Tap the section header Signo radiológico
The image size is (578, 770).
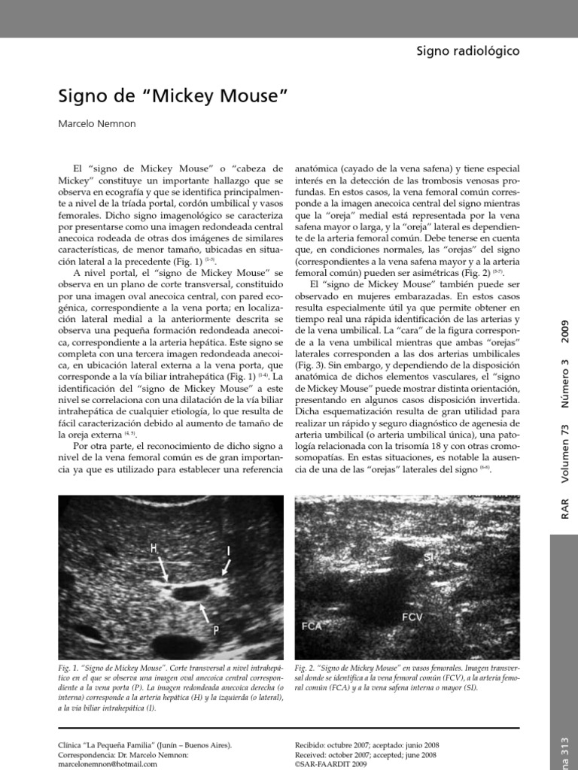coord(467,50)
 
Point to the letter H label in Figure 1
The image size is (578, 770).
coord(154,549)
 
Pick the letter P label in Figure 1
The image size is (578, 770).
coord(216,631)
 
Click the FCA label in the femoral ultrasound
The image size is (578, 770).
coord(312,626)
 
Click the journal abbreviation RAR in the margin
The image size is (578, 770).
coord(565,508)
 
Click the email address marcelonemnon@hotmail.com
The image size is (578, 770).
coord(108,764)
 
